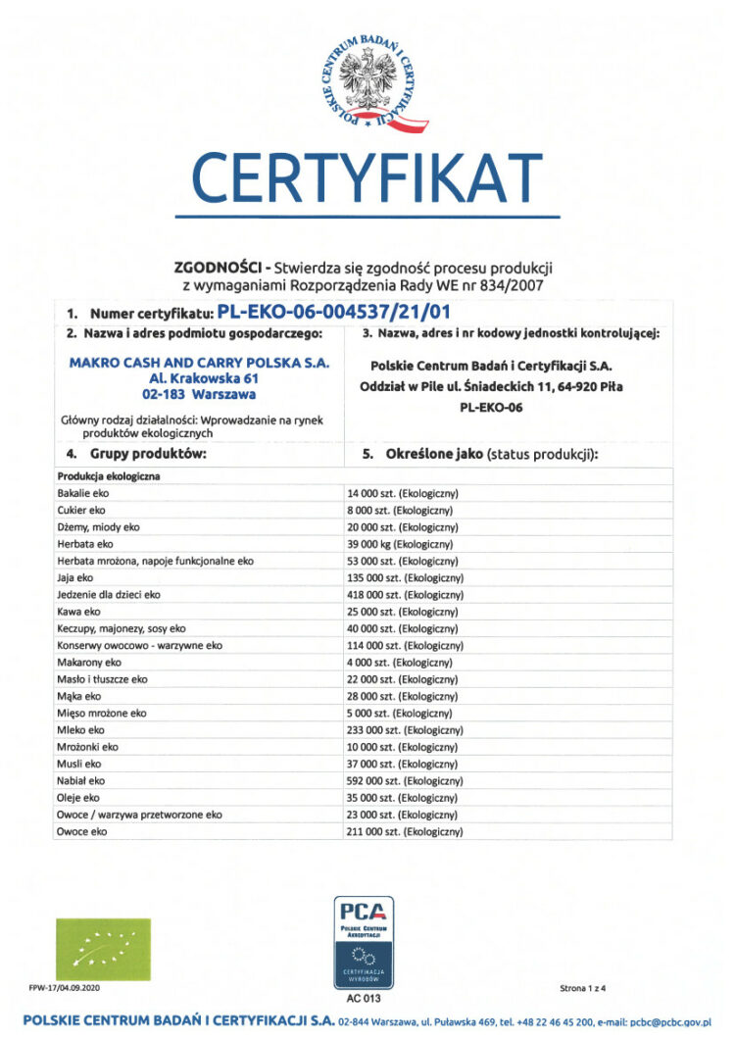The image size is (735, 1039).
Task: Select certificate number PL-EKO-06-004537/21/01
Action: click(x=334, y=314)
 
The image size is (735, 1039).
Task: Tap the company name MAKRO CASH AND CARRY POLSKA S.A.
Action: click(x=199, y=362)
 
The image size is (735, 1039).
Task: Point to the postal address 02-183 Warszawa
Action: click(x=199, y=395)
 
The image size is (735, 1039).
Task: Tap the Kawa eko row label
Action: click(x=78, y=612)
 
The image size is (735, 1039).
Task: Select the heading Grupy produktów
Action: click(x=137, y=455)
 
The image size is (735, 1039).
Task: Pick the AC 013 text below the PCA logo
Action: click(x=364, y=998)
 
